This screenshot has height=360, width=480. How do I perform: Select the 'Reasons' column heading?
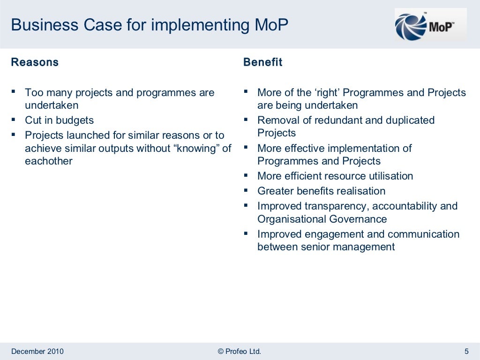35,62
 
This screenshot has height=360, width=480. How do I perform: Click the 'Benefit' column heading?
262,62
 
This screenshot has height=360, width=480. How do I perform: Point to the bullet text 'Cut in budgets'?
59,120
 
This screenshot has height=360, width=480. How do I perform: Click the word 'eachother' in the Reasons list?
49,161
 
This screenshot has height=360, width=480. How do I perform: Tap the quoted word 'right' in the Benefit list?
327,93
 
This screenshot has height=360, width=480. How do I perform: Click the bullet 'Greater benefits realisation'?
321,191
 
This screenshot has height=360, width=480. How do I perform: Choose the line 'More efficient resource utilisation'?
335,176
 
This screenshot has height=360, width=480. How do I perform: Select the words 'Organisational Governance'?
322,219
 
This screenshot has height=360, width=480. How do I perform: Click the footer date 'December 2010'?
37,352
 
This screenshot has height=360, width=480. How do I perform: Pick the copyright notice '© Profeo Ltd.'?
240,352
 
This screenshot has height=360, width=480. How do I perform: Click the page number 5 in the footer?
466,352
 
